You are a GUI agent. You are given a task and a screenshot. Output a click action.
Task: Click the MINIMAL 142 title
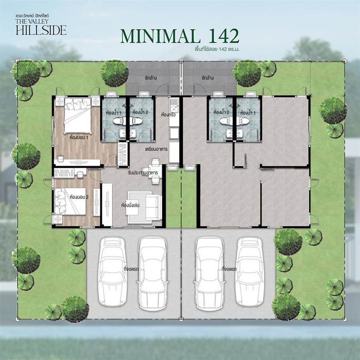180,36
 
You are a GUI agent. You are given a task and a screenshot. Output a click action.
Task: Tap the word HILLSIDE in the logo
41,30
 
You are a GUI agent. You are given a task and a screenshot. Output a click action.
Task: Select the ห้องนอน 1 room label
79,138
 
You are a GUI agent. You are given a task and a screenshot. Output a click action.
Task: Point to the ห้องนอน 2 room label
79,197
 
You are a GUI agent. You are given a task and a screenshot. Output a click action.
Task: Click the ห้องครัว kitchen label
168,114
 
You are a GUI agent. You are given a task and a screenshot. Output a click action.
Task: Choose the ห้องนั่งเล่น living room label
130,205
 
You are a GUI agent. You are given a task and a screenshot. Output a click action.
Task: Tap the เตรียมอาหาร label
156,149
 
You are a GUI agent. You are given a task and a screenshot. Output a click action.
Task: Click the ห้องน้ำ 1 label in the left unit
114,112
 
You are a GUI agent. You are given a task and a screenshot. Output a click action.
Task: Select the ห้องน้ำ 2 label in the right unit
221,112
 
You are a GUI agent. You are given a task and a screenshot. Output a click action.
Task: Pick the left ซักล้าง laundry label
151,78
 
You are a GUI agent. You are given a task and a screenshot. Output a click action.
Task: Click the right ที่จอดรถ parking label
229,269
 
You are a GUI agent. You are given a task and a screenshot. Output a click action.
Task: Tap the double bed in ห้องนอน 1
78,116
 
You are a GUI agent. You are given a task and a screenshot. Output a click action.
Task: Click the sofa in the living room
153,207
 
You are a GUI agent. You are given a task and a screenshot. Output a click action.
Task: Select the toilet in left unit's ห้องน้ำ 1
119,121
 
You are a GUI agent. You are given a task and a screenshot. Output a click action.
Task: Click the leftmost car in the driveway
112,271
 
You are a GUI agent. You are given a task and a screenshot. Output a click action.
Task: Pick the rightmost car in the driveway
250,271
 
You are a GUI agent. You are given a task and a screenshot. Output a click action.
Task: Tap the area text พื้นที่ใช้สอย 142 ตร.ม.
217,49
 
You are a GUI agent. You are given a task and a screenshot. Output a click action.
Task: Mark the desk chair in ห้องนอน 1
60,158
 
